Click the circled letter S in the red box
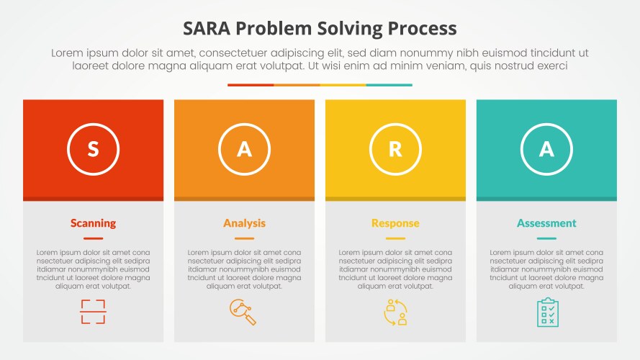point(93,149)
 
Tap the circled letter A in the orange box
point(244,149)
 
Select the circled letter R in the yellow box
point(395,149)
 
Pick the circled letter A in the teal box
point(546,149)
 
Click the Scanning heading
point(93,223)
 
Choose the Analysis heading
point(244,223)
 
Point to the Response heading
point(395,223)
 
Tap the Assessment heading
point(546,223)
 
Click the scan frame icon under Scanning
point(93,312)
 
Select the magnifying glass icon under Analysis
point(243,312)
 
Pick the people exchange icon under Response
point(395,312)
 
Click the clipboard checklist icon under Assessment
point(547,312)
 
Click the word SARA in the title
point(207,29)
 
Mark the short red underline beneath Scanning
point(93,238)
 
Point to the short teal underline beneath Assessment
point(546,238)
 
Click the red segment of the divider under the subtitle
point(251,85)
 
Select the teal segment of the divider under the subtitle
point(389,85)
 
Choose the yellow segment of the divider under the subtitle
point(343,85)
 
